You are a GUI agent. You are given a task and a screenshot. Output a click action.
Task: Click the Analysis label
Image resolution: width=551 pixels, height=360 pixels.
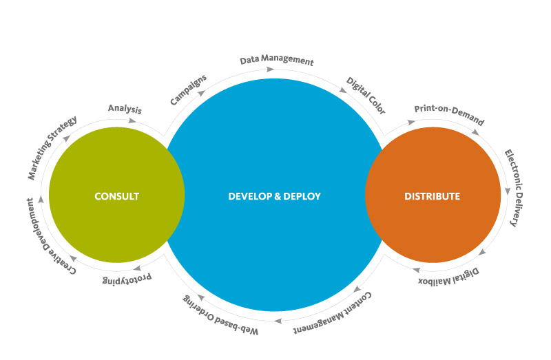[x=125, y=109]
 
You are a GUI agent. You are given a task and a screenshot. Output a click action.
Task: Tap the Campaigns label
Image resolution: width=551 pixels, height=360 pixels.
[x=187, y=90]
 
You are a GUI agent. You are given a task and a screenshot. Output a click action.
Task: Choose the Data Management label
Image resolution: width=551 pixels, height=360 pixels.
[x=277, y=61]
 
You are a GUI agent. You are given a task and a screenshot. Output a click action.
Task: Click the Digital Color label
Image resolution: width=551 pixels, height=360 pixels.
[x=366, y=95]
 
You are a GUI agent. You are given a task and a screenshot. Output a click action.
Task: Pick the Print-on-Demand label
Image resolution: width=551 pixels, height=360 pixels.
[x=449, y=115]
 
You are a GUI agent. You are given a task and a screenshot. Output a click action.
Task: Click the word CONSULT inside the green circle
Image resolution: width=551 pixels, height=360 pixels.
[x=117, y=196]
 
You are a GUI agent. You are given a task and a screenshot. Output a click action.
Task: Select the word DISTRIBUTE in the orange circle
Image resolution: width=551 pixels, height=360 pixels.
[x=433, y=196]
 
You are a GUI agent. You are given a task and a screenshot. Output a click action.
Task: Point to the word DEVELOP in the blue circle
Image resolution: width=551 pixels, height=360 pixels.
[x=249, y=196]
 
